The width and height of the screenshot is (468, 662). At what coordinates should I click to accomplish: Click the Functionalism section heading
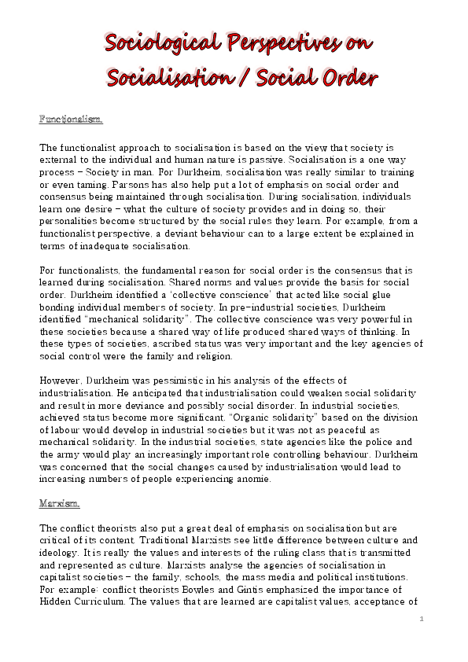[x=71, y=120]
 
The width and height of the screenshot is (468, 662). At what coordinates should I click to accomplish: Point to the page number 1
[x=422, y=619]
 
